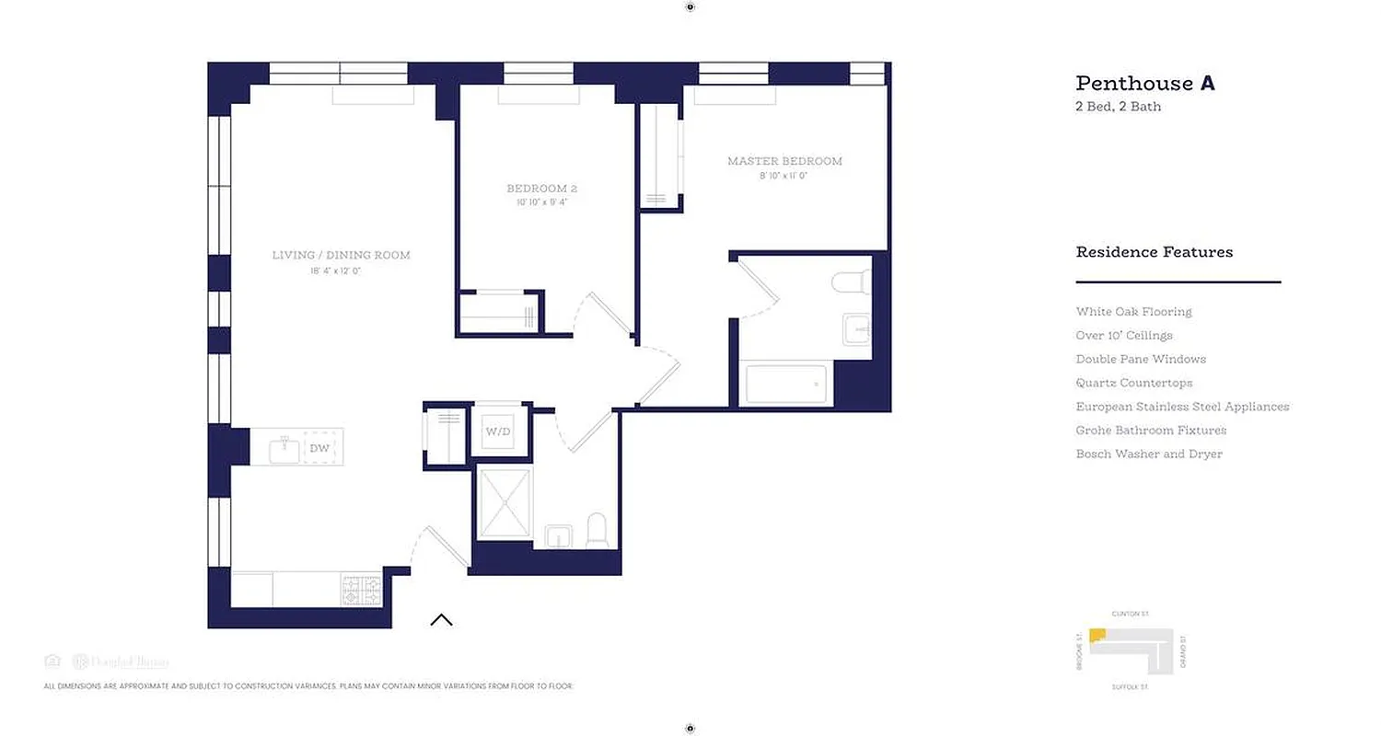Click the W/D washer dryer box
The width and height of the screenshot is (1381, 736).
pyautogui.click(x=498, y=431)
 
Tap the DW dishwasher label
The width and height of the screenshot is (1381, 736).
pyautogui.click(x=319, y=448)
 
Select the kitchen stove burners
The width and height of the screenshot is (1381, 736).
pyautogui.click(x=362, y=590)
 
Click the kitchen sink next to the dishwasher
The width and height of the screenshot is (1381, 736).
pyautogui.click(x=284, y=449)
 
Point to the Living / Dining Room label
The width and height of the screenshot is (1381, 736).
pyautogui.click(x=341, y=255)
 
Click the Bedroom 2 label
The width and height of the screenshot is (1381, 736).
pyautogui.click(x=541, y=189)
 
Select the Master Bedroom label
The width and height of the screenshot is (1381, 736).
pyautogui.click(x=784, y=161)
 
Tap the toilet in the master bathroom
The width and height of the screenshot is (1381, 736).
pyautogui.click(x=853, y=281)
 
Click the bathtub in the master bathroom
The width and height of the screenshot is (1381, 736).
pyautogui.click(x=785, y=384)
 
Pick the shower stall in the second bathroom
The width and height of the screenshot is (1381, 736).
pyautogui.click(x=505, y=503)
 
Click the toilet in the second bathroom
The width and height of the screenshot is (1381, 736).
pyautogui.click(x=597, y=530)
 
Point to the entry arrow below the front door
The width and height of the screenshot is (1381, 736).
pyautogui.click(x=441, y=619)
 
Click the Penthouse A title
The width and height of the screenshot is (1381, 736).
pyautogui.click(x=1145, y=83)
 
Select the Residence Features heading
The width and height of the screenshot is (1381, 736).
pyautogui.click(x=1154, y=252)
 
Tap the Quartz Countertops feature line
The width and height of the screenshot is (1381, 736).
pyautogui.click(x=1133, y=383)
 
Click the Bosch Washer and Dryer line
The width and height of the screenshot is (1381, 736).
pyautogui.click(x=1149, y=454)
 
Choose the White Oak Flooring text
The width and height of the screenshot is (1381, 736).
pyautogui.click(x=1133, y=312)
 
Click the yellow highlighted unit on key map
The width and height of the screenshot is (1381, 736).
pyautogui.click(x=1097, y=636)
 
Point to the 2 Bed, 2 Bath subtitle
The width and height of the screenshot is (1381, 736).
pyautogui.click(x=1118, y=107)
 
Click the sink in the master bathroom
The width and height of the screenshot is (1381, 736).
pyautogui.click(x=856, y=328)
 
